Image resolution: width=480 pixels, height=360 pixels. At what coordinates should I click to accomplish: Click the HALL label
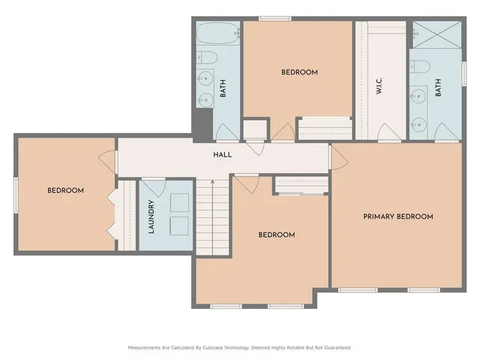click(223, 154)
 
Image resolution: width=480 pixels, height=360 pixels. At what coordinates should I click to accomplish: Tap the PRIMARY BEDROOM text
click(398, 217)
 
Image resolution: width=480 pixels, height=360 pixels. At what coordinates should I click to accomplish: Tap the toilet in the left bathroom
click(208, 58)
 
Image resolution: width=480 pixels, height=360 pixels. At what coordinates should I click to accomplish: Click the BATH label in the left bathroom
click(223, 90)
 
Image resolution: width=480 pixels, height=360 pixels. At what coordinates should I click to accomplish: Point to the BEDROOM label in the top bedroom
click(299, 73)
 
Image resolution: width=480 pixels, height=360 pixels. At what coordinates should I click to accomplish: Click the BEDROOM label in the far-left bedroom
click(65, 190)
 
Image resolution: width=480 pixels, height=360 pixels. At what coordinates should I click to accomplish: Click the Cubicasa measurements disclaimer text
click(240, 347)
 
